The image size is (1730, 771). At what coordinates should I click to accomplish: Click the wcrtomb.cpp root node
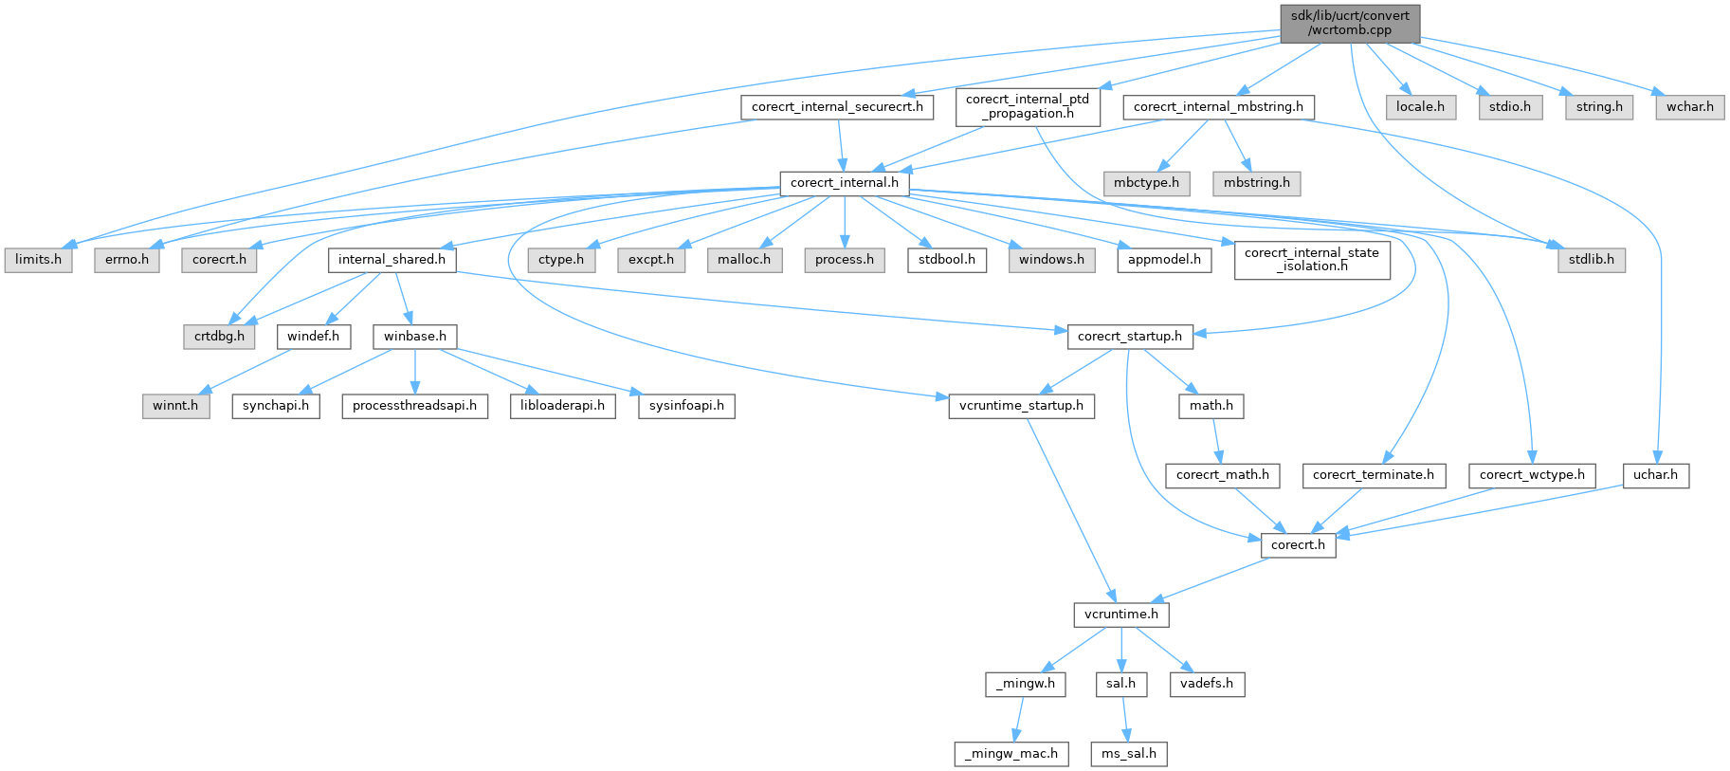1350,23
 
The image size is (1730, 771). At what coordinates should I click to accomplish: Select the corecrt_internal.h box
844,183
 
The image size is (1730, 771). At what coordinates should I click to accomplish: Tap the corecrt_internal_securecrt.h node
837,107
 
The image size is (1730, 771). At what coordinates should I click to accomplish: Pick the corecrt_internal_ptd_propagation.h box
1028,106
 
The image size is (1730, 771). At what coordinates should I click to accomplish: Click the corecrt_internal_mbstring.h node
1218,107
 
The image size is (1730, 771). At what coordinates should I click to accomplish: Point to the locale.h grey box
1420,107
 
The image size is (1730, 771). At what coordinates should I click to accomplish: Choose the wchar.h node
1689,107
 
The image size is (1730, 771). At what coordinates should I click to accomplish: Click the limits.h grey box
38,260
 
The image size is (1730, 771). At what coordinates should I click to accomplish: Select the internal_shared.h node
392,260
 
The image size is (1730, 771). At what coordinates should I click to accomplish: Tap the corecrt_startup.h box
1130,337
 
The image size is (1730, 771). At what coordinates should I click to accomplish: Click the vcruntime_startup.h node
1022,406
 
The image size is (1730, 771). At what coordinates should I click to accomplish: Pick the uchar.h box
1655,475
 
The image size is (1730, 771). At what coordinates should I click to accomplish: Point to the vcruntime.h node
1121,615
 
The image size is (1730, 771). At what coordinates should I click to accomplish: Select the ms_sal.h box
1129,754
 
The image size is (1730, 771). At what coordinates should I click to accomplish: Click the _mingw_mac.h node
1011,754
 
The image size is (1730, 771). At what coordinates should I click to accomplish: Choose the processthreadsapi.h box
415,406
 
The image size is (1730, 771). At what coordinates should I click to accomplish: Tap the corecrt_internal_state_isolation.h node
1312,260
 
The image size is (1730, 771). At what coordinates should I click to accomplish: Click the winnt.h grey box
175,406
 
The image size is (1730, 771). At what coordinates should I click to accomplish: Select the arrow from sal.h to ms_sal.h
1125,719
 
